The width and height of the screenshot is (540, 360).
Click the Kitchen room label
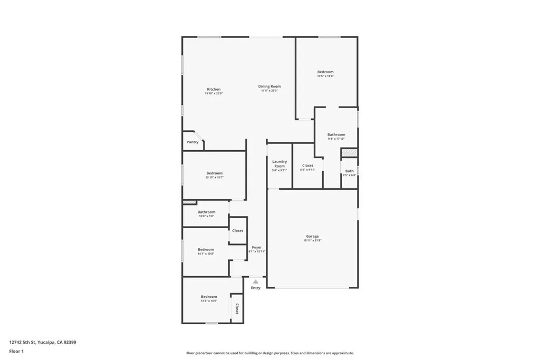[214, 90]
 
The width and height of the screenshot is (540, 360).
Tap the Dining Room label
[269, 86]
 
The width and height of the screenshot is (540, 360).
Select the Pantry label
[192, 142]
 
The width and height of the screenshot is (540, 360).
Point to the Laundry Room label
[279, 164]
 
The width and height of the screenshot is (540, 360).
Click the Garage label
[312, 236]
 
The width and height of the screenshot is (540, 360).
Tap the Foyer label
[257, 247]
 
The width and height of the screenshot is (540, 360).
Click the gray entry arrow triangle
[256, 282]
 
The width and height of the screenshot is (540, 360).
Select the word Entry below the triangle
[256, 288]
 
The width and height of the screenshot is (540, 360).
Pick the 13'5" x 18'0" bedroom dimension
[325, 76]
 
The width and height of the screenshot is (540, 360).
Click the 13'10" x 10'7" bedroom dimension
[214, 178]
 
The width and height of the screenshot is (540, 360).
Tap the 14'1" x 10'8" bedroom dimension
[206, 254]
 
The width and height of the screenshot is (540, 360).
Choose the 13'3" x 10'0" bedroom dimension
[209, 301]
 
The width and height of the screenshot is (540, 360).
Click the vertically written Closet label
[237, 309]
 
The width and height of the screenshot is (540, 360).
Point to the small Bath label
[350, 171]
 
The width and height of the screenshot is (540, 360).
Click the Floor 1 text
[16, 351]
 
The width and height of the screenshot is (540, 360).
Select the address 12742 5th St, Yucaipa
[43, 342]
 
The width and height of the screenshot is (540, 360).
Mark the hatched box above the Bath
[350, 153]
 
